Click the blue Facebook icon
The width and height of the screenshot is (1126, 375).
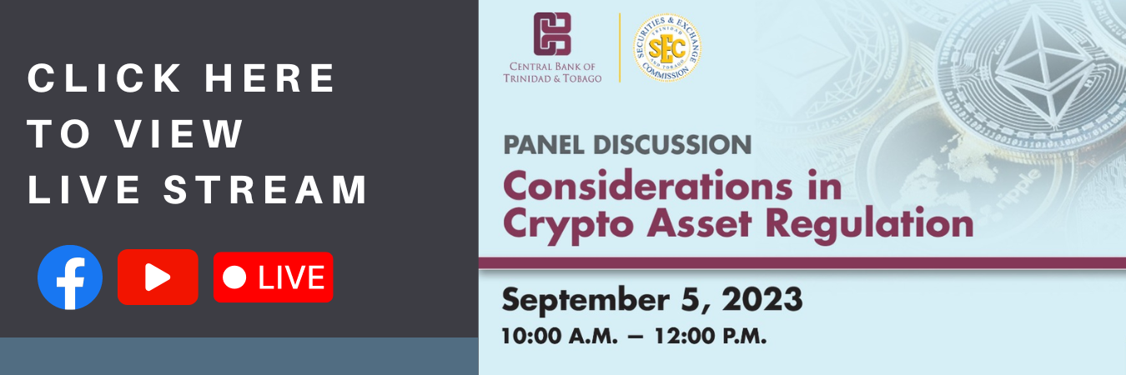pos(70,277)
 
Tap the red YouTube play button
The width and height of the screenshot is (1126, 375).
pos(158,277)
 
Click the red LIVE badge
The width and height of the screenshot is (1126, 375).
pos(273,277)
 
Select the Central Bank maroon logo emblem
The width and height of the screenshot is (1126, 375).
pos(552,33)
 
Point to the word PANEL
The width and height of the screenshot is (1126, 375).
pos(544,145)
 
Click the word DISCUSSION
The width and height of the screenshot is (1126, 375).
pos(672,145)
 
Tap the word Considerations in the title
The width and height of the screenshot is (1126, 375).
pos(648,186)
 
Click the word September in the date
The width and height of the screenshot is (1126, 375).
pos(586,301)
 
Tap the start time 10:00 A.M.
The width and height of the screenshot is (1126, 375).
pos(560,336)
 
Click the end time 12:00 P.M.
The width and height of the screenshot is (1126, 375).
pos(710,336)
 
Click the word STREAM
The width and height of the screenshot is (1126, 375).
pos(265,189)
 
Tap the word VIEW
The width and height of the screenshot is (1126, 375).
pos(179,133)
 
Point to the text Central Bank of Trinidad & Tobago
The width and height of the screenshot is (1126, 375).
pos(552,72)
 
